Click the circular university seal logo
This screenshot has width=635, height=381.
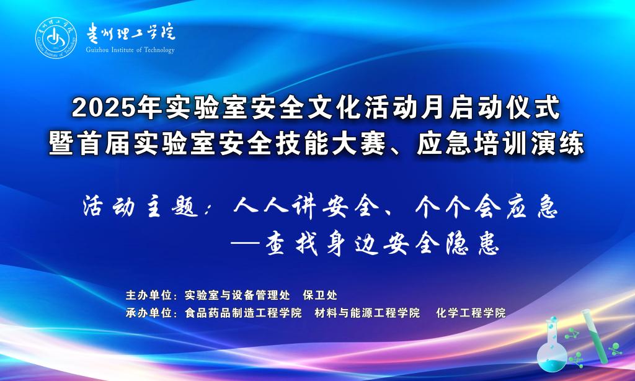56,38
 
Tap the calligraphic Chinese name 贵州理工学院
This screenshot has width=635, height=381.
130,32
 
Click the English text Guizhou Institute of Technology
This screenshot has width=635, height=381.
130,50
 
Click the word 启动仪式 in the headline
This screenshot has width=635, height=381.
505,108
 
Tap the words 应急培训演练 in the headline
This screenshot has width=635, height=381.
501,143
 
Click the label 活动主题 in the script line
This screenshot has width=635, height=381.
140,206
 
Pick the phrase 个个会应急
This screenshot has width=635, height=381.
487,206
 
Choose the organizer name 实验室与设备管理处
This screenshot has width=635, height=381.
238,295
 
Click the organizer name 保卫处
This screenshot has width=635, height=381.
320,295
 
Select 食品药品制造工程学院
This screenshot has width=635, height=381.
243,313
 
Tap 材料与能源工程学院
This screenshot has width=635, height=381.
367,313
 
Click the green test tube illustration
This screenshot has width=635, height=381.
595,336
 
